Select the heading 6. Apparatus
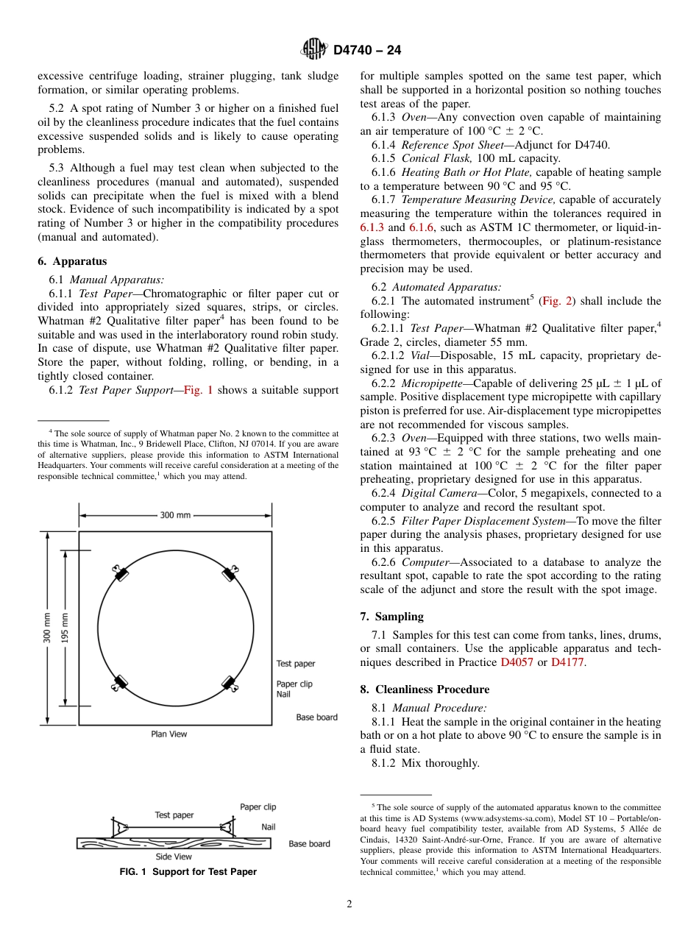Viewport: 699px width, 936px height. [72, 261]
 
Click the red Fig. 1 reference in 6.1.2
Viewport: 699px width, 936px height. [198, 390]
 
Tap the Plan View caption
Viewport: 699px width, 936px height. [169, 734]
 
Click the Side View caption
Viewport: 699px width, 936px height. [174, 857]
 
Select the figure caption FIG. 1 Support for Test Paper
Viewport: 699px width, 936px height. [188, 872]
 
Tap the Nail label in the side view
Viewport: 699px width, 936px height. [269, 827]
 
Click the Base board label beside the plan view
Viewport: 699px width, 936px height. [316, 717]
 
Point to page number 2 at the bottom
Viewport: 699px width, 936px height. [349, 904]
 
